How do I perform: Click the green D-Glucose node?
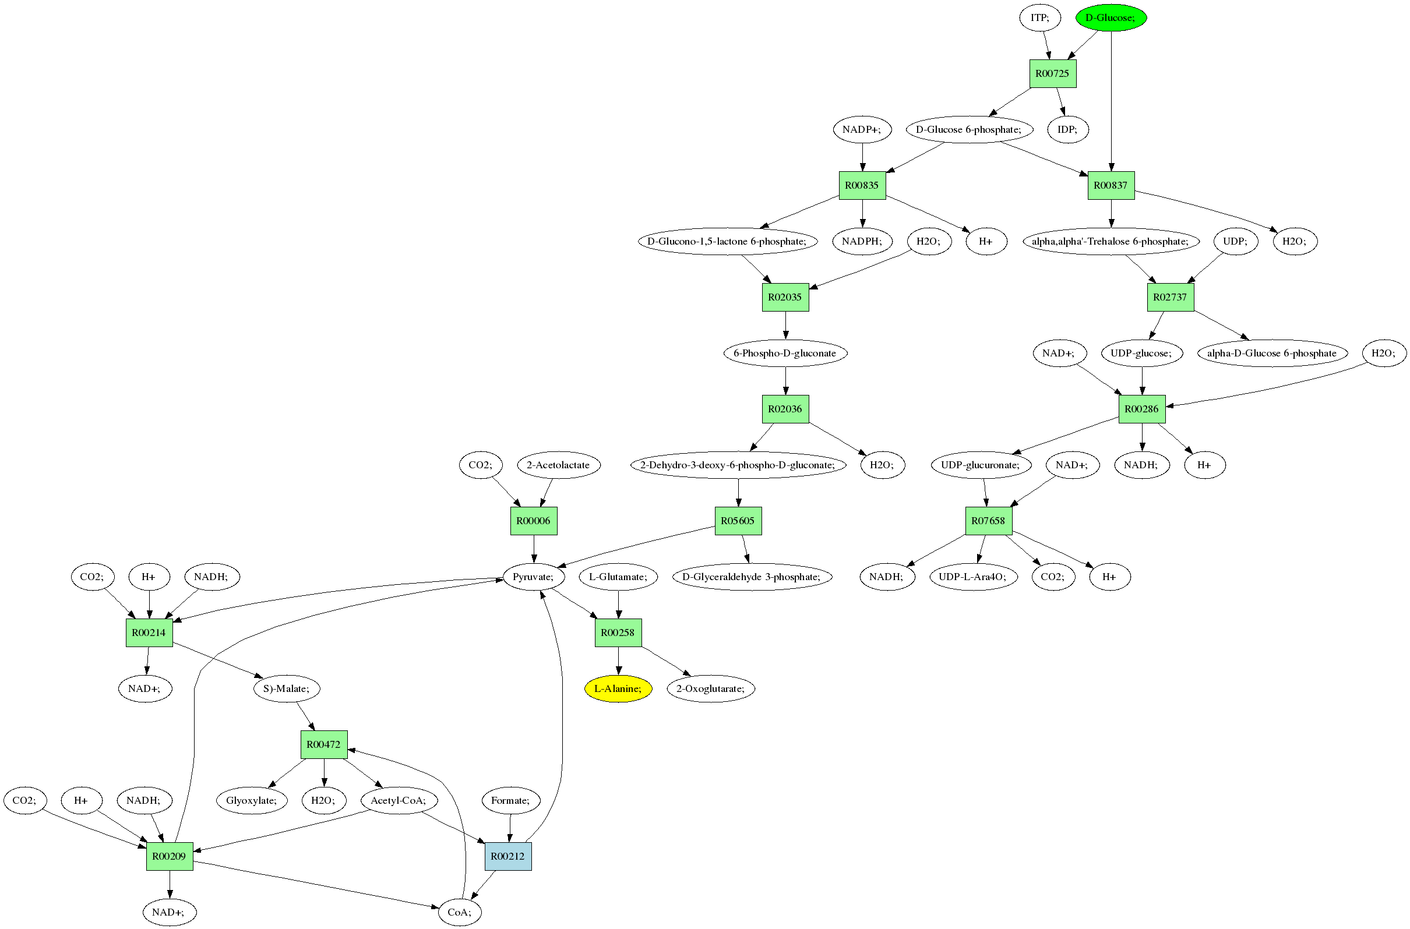click(x=1110, y=18)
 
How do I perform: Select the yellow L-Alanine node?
click(x=618, y=688)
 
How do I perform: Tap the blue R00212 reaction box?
click(x=507, y=856)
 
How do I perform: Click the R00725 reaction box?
click(x=1052, y=73)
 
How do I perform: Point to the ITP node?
click(x=1039, y=18)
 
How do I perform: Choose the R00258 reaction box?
click(x=618, y=633)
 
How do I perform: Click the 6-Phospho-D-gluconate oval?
click(x=785, y=353)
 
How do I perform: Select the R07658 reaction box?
click(x=988, y=521)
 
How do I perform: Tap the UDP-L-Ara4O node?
click(x=972, y=577)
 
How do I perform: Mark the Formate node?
click(x=510, y=800)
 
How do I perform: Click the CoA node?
click(x=459, y=912)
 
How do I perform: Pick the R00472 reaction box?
click(x=323, y=745)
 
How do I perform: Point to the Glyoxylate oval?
click(x=251, y=800)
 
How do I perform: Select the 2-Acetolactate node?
click(x=558, y=465)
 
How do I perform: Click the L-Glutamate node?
click(x=618, y=577)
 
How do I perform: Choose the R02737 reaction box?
click(x=1169, y=298)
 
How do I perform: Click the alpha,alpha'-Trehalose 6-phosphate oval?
click(x=1110, y=241)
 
